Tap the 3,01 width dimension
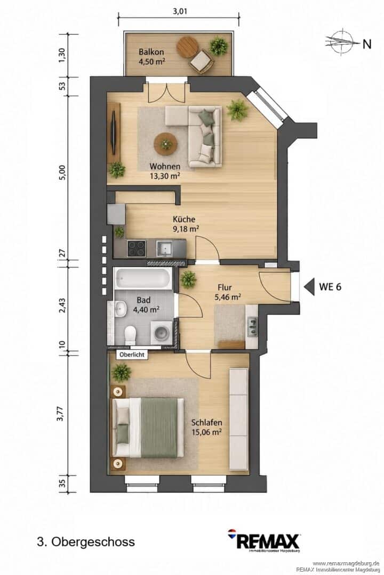tap(180, 11)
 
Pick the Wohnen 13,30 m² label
tap(165, 171)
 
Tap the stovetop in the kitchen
tap(137, 248)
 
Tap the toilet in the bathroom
tap(130, 335)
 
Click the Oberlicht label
tap(132, 355)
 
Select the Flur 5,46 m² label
tap(227, 292)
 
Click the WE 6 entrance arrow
tap(309, 286)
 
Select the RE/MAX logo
tap(263, 540)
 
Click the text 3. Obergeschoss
tap(86, 541)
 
